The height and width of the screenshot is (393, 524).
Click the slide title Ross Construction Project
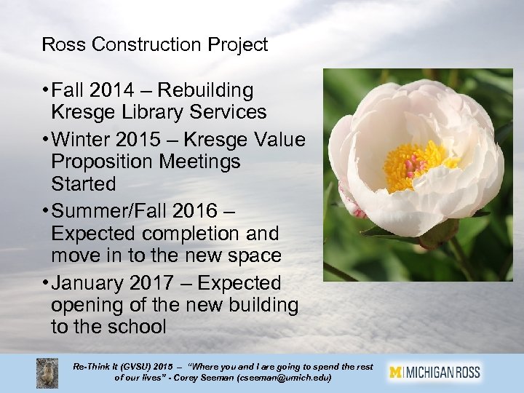coord(155,44)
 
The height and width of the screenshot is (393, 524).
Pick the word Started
coord(84,184)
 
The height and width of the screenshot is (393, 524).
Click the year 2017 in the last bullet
coord(168,282)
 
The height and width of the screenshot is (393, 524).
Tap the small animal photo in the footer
coord(48,373)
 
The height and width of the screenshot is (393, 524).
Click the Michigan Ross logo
coord(434,373)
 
